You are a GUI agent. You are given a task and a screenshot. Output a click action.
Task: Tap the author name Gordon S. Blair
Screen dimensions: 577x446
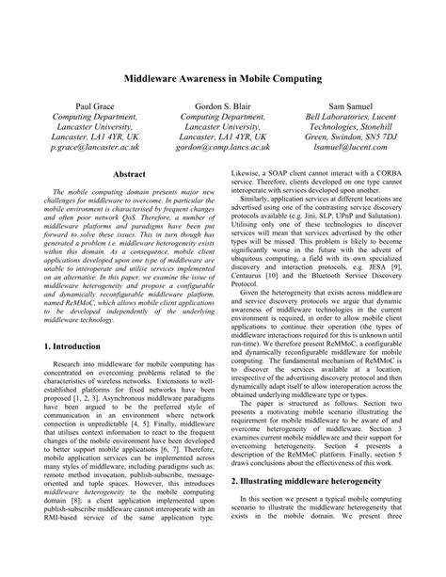click(x=222, y=108)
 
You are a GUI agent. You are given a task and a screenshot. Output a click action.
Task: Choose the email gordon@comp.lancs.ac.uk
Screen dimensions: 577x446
click(x=222, y=148)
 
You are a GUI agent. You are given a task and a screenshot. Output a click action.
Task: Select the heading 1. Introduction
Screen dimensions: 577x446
click(x=78, y=321)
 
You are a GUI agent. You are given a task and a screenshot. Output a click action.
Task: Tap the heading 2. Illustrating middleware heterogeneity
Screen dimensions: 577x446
click(x=318, y=480)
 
